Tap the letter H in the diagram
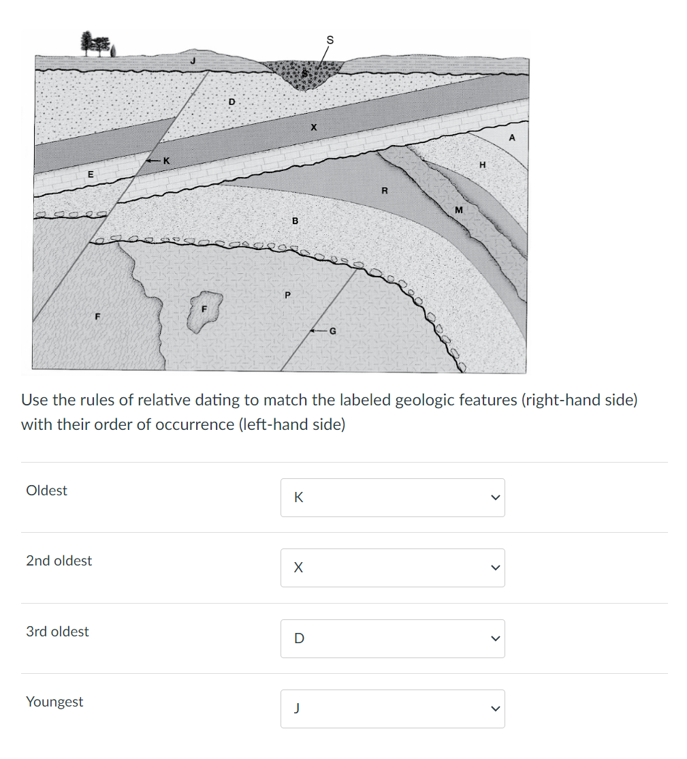pos(482,165)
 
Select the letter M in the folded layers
pos(458,210)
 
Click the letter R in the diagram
pos(384,191)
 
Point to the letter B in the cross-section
pos(295,221)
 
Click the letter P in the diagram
pos(287,295)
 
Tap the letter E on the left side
pos(89,174)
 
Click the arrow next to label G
pos(317,331)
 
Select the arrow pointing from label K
pos(153,161)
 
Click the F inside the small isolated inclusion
pos(203,309)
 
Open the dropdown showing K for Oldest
pos(392,497)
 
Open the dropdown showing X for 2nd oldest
pos(392,568)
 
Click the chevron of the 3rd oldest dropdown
pos(495,638)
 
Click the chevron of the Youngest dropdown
pos(495,709)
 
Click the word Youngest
pos(54,702)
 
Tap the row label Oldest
pos(46,491)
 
